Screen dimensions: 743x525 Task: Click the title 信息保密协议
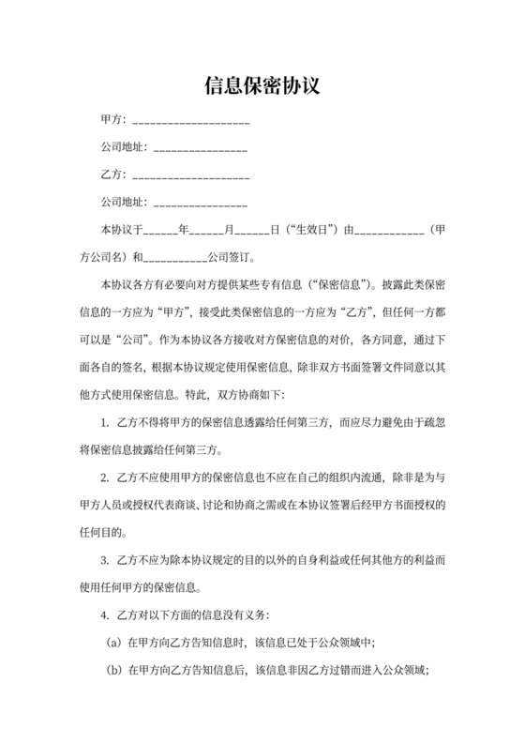point(262,86)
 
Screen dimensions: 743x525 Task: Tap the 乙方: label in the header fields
point(113,174)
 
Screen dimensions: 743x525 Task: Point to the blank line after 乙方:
point(192,177)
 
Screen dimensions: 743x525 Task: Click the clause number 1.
point(104,424)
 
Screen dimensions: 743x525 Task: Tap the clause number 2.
point(104,478)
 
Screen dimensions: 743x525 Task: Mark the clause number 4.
point(104,616)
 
